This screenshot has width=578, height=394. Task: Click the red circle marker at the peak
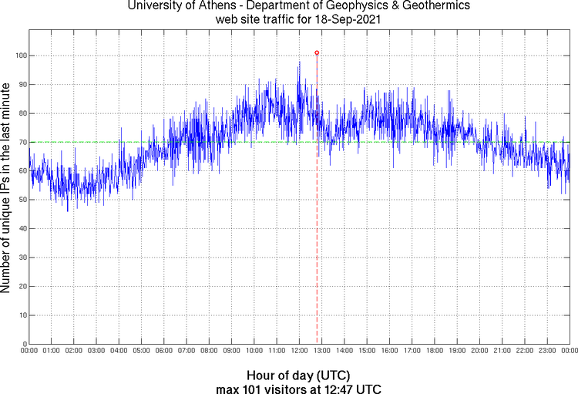tap(317, 53)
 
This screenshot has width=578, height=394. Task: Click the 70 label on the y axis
tap(22, 142)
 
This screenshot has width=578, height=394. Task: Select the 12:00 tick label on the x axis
tap(300, 352)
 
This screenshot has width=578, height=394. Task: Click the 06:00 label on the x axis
tap(164, 352)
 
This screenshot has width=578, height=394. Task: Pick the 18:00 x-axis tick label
tap(435, 352)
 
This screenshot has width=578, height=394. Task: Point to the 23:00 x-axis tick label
tap(547, 352)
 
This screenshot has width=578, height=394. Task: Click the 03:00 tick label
tap(97, 352)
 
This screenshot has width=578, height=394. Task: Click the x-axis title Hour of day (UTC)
tap(299, 375)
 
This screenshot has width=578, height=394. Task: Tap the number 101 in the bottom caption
tap(253, 388)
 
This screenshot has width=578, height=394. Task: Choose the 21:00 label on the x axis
tap(502, 352)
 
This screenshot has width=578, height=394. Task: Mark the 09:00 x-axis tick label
tap(232, 352)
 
